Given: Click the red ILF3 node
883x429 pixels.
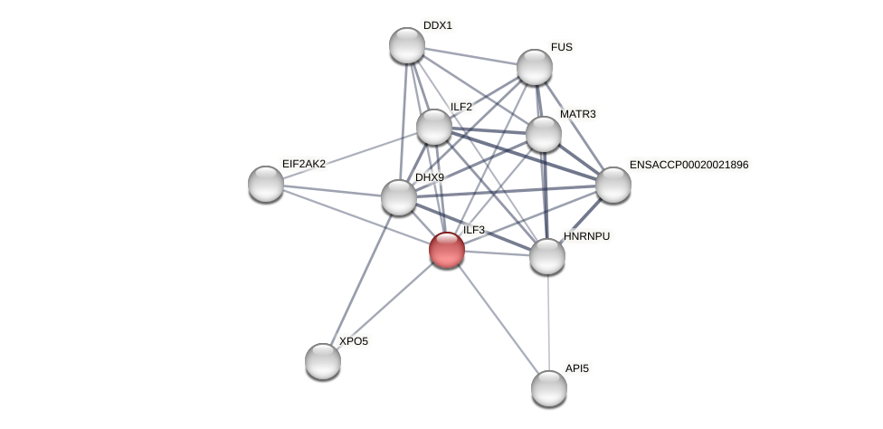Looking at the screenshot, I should point(447,250).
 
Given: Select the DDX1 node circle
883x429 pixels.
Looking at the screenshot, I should point(407,45).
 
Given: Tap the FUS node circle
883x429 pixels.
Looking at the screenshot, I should point(535,67).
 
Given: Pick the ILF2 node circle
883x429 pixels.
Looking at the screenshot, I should point(434,127).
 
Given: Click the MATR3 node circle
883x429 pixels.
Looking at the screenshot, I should point(544,134).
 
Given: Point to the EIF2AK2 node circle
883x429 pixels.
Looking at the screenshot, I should point(266,184).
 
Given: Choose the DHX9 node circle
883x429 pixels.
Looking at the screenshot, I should point(399,197).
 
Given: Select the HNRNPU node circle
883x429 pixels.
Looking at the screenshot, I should point(547,256).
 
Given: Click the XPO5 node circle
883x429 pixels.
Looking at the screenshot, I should point(323,361).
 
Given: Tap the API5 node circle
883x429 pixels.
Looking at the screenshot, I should point(549,388).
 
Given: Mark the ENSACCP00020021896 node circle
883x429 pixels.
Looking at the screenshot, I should point(613,185).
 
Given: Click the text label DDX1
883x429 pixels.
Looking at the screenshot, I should point(438,25).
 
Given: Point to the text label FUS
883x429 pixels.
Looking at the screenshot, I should point(562,47).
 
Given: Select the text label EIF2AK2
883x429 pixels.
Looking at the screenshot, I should point(304,164).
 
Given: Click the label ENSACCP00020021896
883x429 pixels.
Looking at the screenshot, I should point(689,165).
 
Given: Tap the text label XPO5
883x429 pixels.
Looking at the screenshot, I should point(354,341).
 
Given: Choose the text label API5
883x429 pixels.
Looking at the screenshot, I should point(577,368).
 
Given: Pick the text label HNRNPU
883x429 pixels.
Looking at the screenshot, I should point(587,236).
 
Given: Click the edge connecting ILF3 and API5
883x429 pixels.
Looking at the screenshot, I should point(498,319).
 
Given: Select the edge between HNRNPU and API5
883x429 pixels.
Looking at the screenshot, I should point(548,322).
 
